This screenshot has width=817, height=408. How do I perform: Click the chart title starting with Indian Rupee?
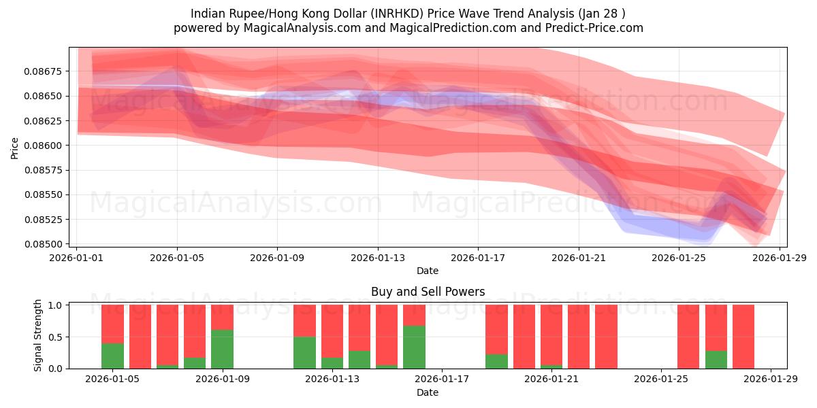408,14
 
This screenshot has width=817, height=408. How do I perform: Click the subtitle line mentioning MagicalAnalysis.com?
408,28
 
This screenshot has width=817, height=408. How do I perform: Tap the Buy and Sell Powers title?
428,292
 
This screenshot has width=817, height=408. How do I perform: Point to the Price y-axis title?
15,148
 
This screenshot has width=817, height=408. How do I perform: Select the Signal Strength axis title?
38,335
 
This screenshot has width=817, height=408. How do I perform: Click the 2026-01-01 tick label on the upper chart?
77,258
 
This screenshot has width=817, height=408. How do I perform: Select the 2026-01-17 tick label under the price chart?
478,258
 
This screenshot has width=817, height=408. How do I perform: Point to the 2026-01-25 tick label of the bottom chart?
661,379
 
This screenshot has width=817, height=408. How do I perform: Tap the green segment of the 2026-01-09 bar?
222,349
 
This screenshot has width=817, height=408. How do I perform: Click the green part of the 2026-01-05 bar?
112,356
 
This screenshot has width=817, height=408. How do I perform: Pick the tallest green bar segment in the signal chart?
414,347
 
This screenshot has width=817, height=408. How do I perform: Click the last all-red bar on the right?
743,337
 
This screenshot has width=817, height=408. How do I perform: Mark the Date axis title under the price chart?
428,271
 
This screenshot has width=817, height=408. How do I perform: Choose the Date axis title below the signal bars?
428,392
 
